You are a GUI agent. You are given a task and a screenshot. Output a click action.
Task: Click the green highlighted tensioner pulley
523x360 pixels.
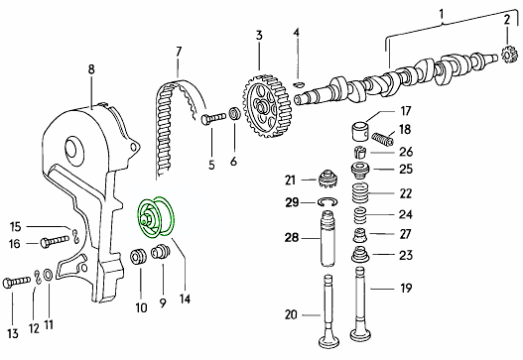156,217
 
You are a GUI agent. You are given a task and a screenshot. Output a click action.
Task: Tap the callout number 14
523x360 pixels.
185,299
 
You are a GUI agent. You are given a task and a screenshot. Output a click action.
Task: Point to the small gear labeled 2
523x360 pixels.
509,55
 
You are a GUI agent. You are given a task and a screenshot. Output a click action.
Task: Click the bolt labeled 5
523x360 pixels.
213,118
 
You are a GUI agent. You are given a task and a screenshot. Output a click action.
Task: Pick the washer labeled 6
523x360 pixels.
235,114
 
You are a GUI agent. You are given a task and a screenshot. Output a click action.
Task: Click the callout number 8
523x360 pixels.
91,69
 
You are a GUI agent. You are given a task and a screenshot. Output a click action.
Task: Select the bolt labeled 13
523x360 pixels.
16,283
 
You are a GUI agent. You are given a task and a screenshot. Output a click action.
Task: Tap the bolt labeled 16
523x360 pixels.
55,241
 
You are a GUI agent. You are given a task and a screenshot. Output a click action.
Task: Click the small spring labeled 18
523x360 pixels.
383,138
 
